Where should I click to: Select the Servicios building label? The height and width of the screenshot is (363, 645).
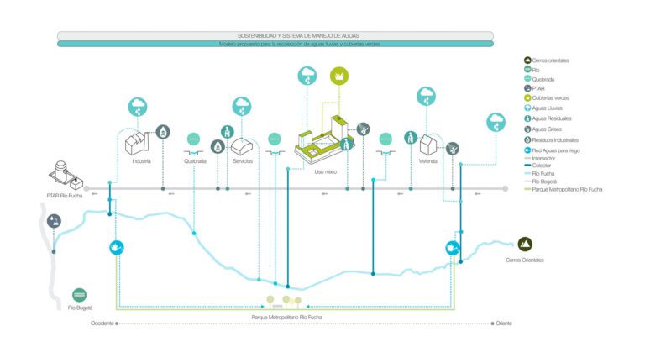244,160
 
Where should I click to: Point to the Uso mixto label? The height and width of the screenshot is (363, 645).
326,171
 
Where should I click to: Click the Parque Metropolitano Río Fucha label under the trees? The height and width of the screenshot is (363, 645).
286,317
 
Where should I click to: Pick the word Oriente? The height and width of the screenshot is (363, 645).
504,324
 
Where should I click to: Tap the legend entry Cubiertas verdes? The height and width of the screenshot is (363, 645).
551,97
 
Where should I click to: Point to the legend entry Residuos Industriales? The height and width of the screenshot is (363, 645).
555,139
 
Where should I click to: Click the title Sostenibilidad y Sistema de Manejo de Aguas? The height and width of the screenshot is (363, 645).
275,35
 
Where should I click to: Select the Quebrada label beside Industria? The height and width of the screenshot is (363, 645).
194,160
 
